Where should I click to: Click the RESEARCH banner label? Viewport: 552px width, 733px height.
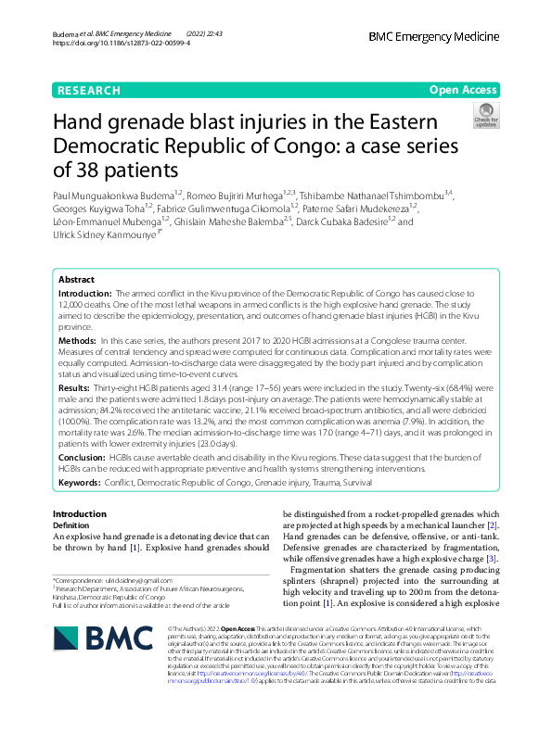pyautogui.click(x=88, y=90)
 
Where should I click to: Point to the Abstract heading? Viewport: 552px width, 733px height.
pyautogui.click(x=76, y=279)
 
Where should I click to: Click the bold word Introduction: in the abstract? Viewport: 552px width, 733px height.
pyautogui.click(x=85, y=292)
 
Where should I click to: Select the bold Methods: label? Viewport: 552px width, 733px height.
pyautogui.click(x=77, y=342)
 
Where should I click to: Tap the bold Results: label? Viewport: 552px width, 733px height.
pyautogui.click(x=74, y=386)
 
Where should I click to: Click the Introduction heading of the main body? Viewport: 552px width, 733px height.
pyautogui.click(x=79, y=513)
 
